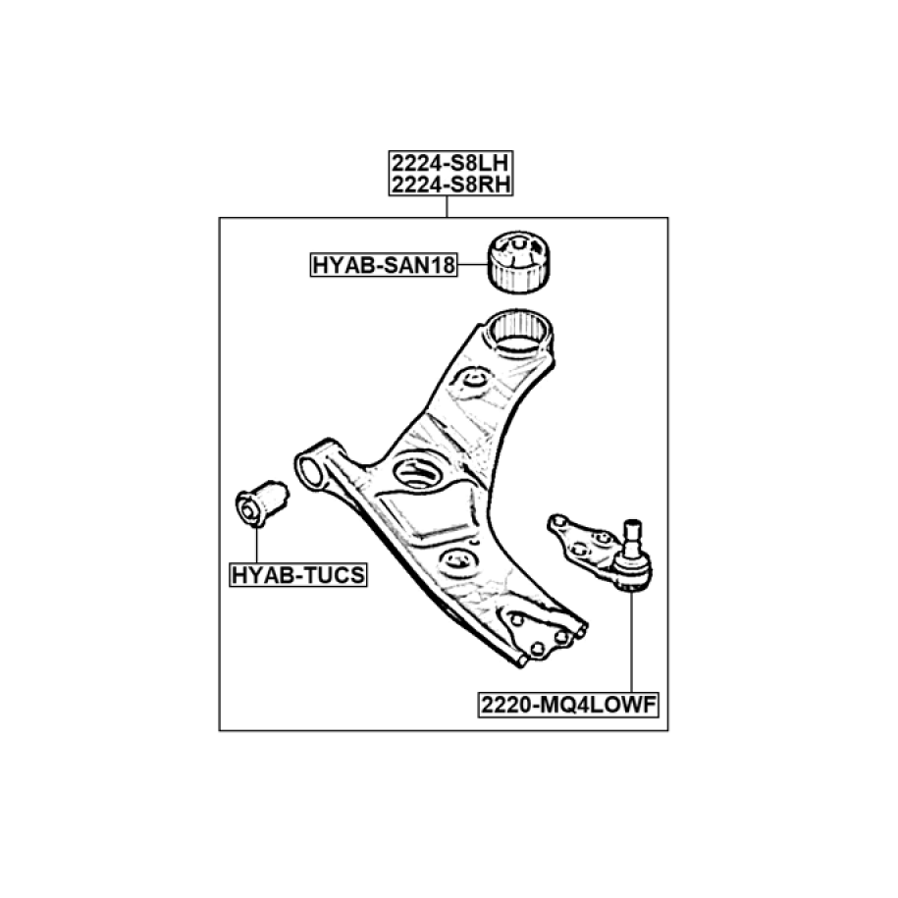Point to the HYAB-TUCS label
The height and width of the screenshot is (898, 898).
coord(297,575)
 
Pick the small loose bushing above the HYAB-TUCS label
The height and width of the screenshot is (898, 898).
coord(260,501)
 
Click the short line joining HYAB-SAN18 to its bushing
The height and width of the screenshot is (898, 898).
coord(472,265)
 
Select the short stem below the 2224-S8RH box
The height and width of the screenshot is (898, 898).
coord(448,207)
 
